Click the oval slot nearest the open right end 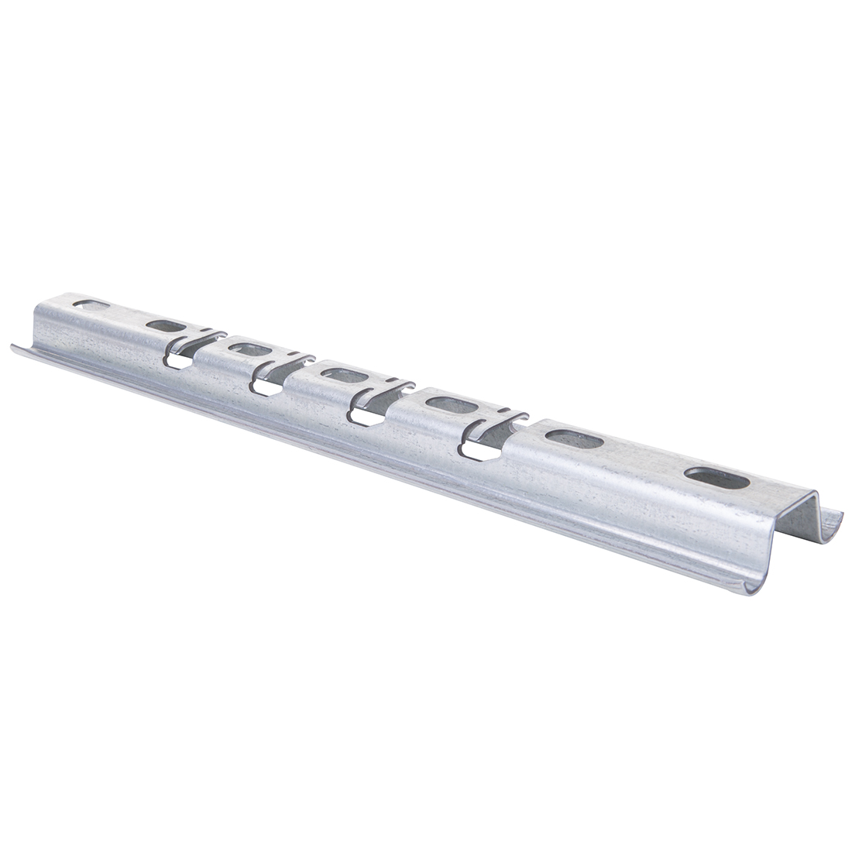coord(717,478)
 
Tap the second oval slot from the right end coord(574,439)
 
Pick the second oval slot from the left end coord(165,326)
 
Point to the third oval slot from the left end coord(249,349)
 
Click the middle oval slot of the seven coord(344,376)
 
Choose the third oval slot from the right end coord(449,404)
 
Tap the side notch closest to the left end coord(178,360)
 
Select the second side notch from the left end coord(267,386)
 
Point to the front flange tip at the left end coord(14,348)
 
